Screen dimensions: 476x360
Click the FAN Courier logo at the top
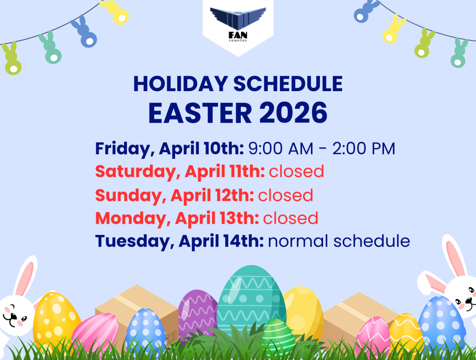(x=238, y=24)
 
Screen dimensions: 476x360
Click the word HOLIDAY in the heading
(x=181, y=84)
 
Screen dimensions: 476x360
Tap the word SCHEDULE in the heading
(x=288, y=84)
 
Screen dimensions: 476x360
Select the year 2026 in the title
(x=293, y=113)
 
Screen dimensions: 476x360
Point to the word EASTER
(x=200, y=113)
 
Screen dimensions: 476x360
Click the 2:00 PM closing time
(x=364, y=148)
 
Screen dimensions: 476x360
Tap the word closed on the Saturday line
(x=296, y=171)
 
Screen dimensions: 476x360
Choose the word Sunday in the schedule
(x=129, y=195)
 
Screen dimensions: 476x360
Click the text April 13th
(x=217, y=218)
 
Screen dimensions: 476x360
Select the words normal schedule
(x=339, y=241)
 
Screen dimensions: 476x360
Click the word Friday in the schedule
(x=123, y=148)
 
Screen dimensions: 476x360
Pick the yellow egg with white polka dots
(x=56, y=320)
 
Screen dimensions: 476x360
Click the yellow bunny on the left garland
(x=115, y=12)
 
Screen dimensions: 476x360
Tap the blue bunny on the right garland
(x=365, y=11)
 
